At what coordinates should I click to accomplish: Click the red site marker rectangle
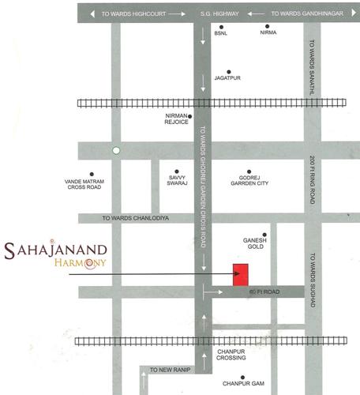(x=241, y=274)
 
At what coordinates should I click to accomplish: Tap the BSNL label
(x=221, y=35)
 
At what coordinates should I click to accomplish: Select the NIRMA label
(x=269, y=35)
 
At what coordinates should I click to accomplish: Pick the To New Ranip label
(x=169, y=370)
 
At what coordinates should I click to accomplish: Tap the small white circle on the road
(x=116, y=149)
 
